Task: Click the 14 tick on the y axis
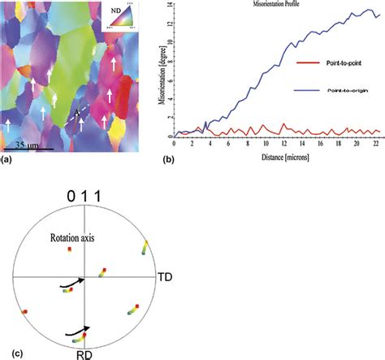tap(169, 5)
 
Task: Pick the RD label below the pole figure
tap(86, 354)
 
